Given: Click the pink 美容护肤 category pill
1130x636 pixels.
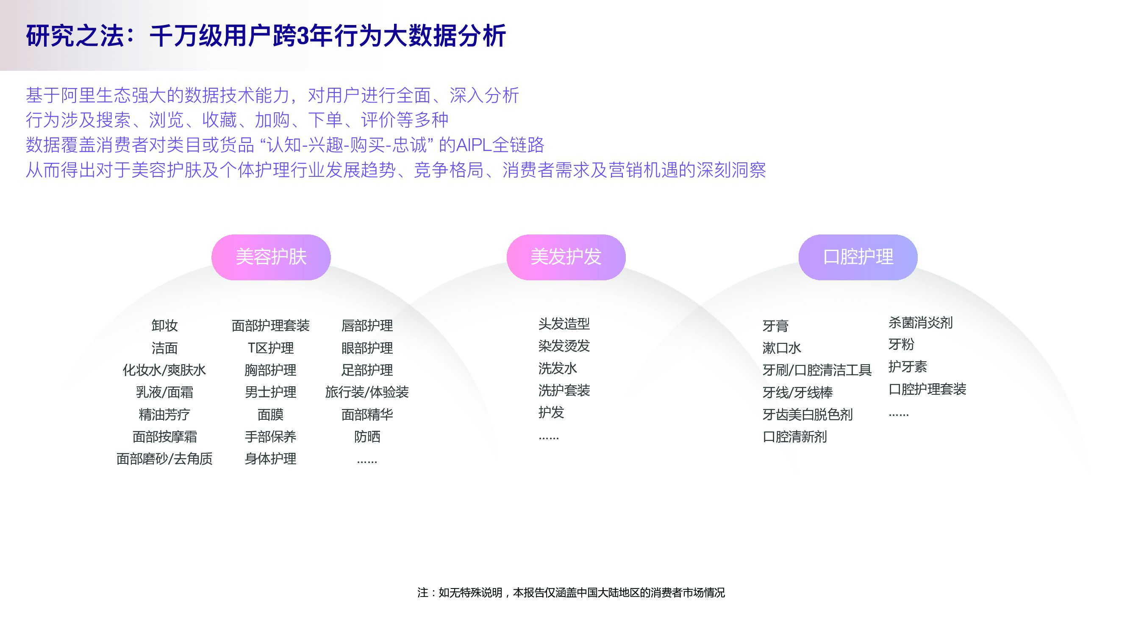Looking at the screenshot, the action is click(271, 257).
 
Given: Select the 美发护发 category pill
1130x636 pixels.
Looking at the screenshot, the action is click(566, 257).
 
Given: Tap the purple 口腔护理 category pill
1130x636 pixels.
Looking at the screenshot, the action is click(858, 257).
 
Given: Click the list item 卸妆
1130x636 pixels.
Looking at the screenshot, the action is click(164, 326).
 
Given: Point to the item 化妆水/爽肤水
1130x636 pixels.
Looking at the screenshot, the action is click(164, 370).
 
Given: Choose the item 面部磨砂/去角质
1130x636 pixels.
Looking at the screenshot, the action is click(164, 459).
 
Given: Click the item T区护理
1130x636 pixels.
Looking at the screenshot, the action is click(270, 348).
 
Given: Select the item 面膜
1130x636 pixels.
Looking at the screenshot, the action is click(270, 414).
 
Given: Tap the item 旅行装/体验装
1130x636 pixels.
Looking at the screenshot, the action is click(367, 392).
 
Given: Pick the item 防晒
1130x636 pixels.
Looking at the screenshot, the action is click(367, 437).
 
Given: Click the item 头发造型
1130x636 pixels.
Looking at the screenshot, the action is click(564, 324).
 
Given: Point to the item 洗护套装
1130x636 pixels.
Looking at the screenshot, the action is click(564, 390).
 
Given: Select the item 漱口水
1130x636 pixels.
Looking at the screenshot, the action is click(781, 348).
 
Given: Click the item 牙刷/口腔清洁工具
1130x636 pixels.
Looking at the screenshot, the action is click(816, 370).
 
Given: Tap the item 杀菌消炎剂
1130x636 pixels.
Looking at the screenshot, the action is click(920, 323).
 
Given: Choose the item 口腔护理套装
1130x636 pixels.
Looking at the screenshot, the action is click(927, 389).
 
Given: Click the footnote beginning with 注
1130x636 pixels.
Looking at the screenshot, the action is click(571, 593).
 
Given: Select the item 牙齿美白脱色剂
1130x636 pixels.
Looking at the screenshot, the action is click(807, 414).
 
